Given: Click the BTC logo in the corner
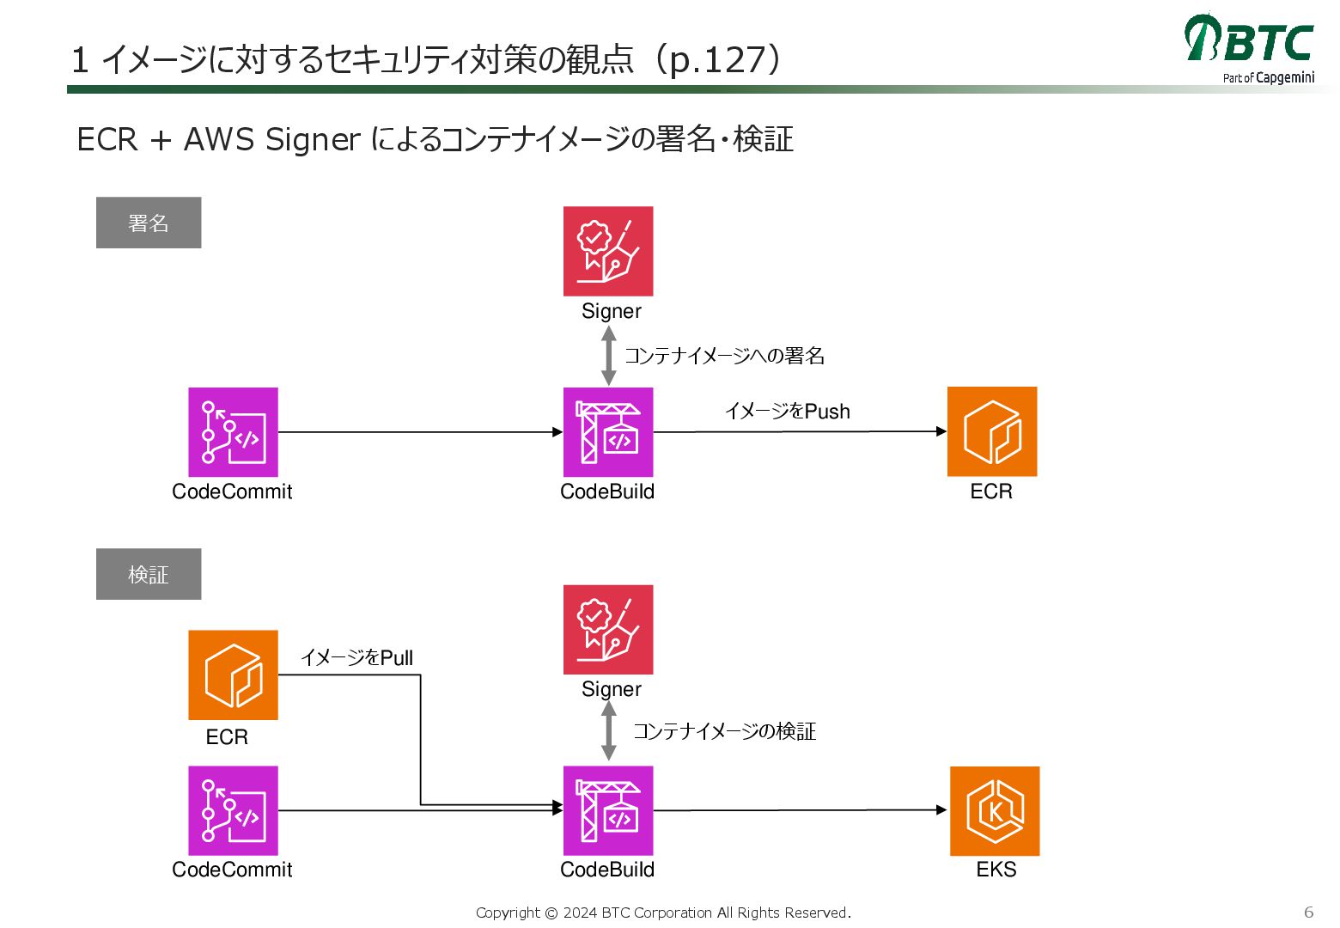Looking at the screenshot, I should coord(1249,46).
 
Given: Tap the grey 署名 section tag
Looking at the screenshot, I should coord(149,223).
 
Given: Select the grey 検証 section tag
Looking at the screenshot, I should coord(149,574).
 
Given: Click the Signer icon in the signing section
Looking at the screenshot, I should coord(608,251).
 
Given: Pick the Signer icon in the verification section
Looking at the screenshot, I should coord(608,629).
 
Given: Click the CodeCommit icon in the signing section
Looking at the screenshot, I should coord(234,432).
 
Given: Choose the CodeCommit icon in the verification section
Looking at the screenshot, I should coord(234,810).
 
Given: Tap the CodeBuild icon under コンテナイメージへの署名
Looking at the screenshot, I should coord(608,432).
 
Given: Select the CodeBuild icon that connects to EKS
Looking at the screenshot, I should coord(608,810).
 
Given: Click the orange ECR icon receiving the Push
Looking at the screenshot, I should coord(992,431).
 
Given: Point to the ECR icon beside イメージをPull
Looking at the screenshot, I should coord(234,675).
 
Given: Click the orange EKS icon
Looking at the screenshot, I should coord(995,810).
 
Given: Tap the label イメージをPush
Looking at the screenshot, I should coord(787,412).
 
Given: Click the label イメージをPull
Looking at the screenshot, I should coord(356,658).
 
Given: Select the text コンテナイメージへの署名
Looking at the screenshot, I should coord(724,356).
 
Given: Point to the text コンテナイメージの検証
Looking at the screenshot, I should coord(724,731).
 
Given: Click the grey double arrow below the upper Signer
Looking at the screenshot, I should coord(609,356).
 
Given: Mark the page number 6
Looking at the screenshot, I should coord(1308,912).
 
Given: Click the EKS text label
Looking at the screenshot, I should coord(996,870).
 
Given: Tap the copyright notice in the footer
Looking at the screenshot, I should coord(663,913).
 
